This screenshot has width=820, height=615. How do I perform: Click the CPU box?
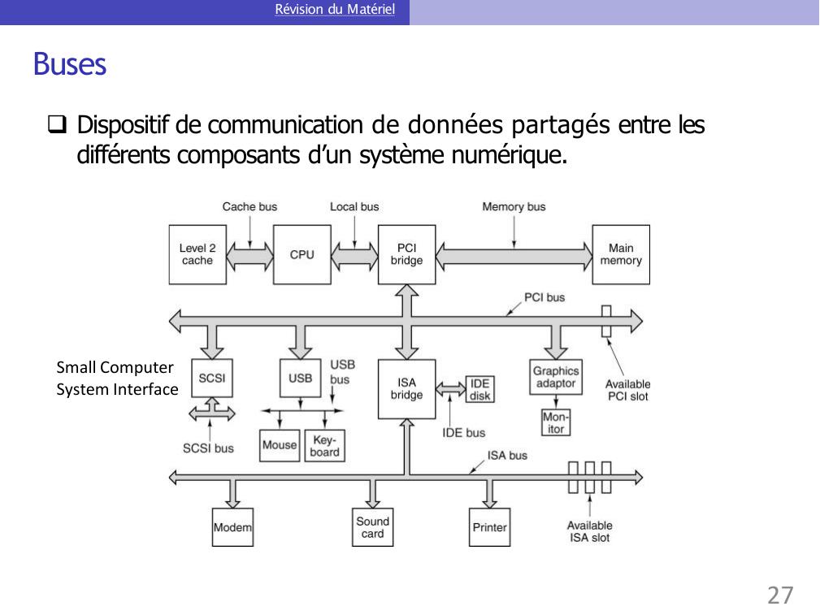coord(302,254)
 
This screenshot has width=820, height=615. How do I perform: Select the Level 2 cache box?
coord(197,254)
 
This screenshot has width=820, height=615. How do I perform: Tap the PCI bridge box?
coord(406,254)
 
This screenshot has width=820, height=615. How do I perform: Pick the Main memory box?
coord(621,254)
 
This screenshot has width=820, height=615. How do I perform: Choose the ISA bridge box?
coord(406,388)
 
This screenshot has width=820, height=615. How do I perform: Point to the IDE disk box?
coord(479,389)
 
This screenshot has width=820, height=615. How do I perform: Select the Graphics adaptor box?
coord(556,377)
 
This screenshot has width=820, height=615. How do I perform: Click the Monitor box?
coord(556,422)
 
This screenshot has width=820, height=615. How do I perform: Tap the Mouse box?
coord(280,445)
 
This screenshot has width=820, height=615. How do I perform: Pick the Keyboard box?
coord(324,445)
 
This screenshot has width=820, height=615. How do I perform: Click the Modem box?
coord(232,527)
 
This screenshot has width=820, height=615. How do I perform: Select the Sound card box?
coord(373,527)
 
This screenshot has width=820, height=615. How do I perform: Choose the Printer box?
coord(489,527)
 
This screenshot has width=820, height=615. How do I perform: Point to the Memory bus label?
coord(514,207)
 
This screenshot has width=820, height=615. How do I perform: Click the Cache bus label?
coord(249,207)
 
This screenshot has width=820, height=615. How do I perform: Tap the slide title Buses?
coord(70,64)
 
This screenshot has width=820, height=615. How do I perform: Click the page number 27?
coord(779,596)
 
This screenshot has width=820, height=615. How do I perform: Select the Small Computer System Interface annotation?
coord(116,379)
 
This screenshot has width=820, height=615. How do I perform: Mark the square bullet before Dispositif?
coord(57,126)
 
